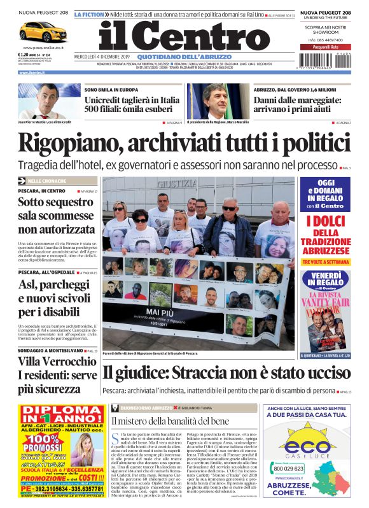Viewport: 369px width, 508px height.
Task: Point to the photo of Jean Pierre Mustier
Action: (49, 101)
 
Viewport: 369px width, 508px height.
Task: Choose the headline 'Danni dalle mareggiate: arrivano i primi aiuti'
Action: (302, 105)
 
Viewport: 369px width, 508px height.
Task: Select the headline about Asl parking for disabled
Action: (55, 299)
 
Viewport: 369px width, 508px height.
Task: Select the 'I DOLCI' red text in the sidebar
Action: (326, 221)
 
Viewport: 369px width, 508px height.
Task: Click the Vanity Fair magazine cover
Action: (326, 320)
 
